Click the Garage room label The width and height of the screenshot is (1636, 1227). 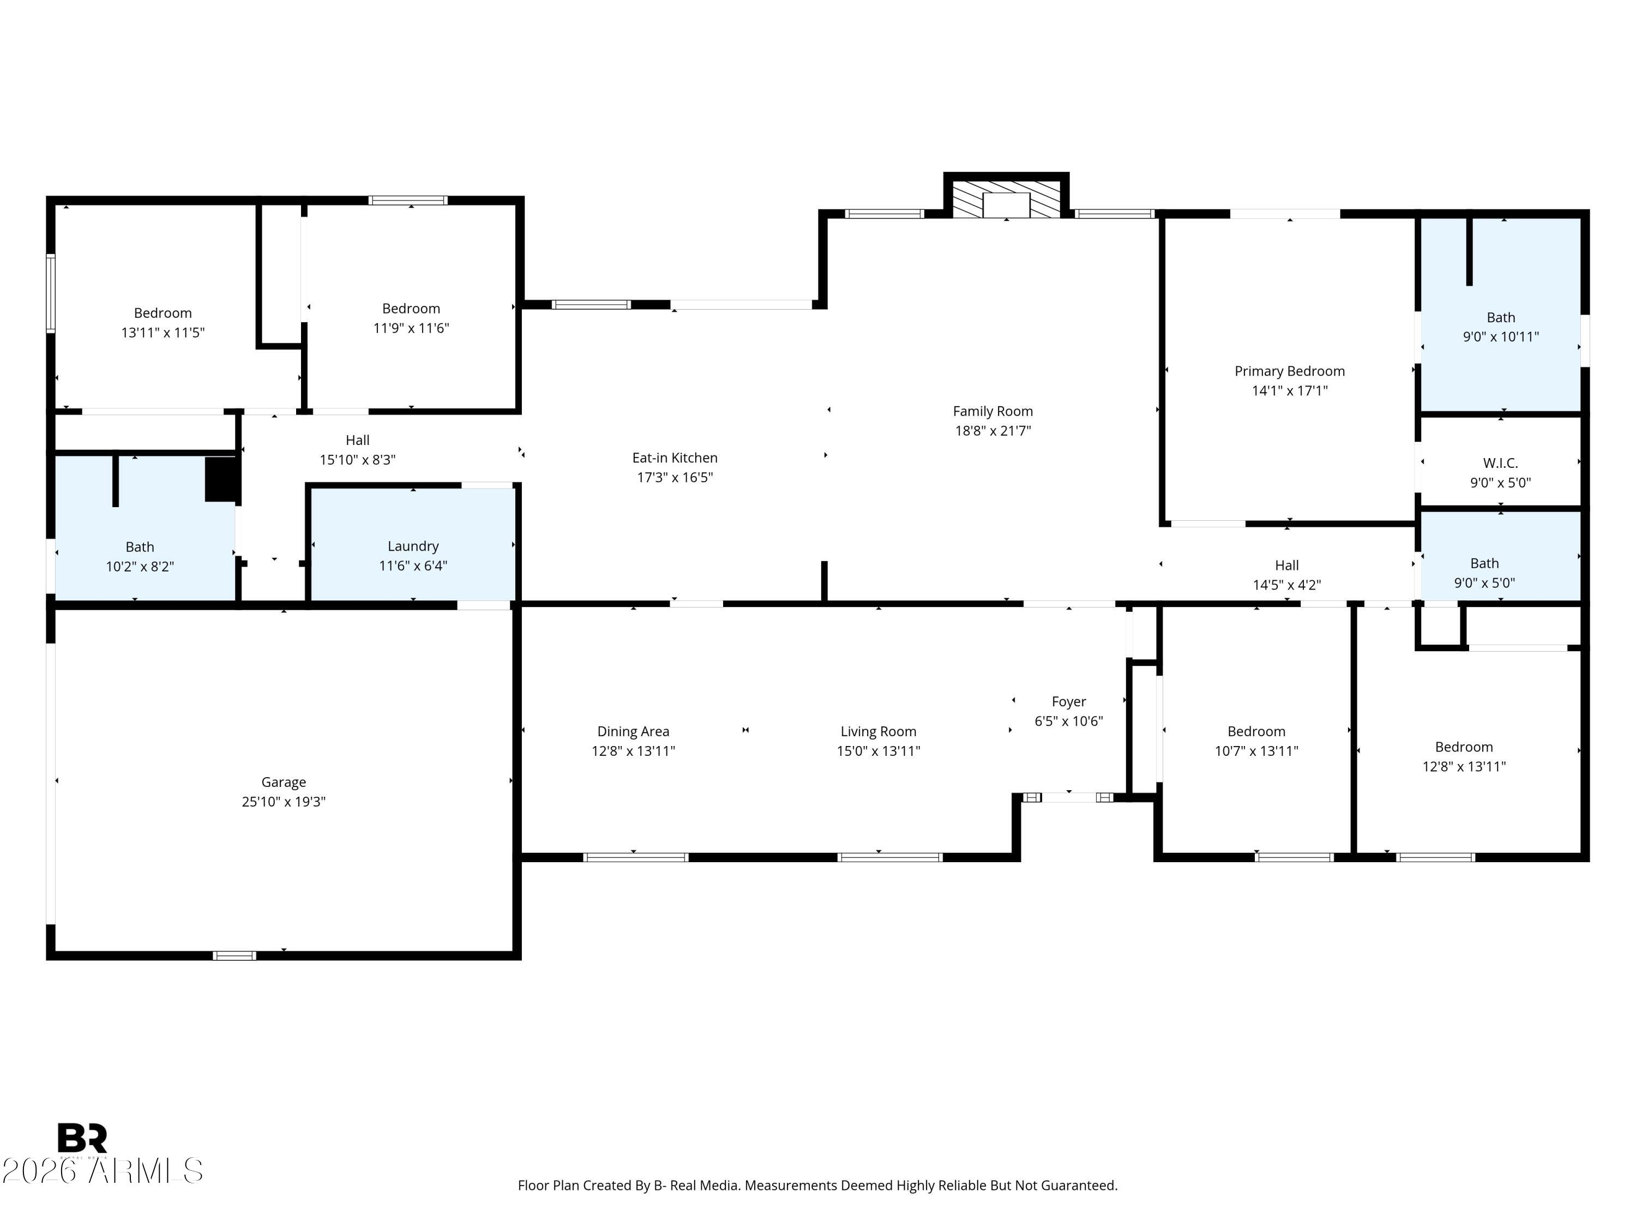point(283,782)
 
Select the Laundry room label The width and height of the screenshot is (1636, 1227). point(413,546)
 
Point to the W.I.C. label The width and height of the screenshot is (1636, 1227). point(1500,463)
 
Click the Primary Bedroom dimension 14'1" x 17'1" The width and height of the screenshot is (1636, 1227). point(1289,390)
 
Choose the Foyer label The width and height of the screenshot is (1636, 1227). point(1068,701)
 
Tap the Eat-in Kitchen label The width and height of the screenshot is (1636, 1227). point(675,458)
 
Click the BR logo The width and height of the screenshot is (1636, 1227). point(82,1138)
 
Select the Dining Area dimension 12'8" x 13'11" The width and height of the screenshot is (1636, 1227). point(633,751)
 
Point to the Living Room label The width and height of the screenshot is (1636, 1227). point(878,731)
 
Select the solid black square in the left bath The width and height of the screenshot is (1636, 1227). point(220,479)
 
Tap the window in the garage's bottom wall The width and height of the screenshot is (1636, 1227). point(234,955)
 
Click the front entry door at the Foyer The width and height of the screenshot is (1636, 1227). point(1068,797)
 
